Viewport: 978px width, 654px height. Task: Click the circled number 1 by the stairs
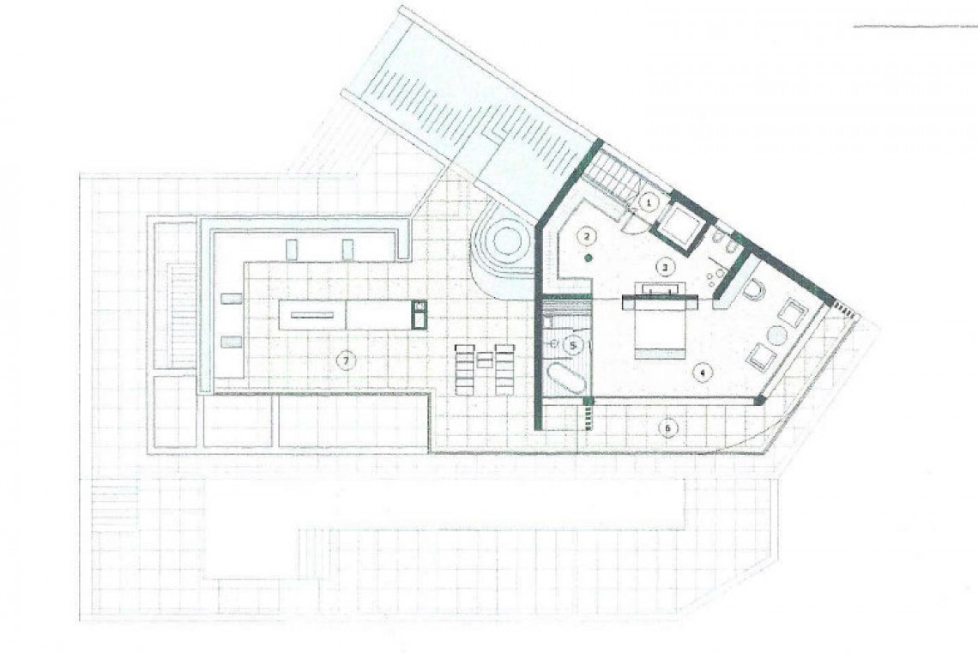point(649,203)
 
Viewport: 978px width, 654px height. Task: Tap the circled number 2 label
point(587,235)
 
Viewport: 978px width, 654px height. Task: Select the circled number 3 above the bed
point(663,267)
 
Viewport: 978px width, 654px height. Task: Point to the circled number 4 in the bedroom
point(702,372)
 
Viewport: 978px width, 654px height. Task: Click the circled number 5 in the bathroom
point(575,345)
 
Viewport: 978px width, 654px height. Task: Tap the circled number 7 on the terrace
point(345,361)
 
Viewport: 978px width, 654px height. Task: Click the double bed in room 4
point(658,327)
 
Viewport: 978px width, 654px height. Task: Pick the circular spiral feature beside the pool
point(506,241)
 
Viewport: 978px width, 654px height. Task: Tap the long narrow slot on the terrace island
point(311,315)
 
